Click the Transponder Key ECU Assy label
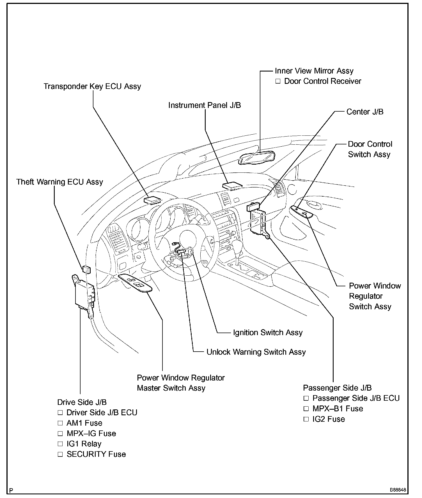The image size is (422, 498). pos(92,86)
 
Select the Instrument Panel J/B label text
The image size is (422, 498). pos(204,105)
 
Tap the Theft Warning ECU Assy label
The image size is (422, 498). pos(59,182)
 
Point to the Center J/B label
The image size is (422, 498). pos(365,112)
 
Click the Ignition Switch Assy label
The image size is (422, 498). pos(268,333)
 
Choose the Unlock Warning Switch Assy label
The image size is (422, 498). pos(256,352)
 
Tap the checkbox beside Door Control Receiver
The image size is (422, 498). pos(278,82)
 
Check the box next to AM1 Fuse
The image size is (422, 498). pos(60,423)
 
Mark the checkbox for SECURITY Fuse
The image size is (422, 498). pos(60,454)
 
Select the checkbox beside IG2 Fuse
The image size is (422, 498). pos(306,419)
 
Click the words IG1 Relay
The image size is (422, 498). pos(84,444)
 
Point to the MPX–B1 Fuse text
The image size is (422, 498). pos(338,409)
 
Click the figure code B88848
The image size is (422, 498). pos(398,490)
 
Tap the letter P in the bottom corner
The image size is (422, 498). pos(11,490)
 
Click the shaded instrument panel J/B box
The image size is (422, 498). pos(232,185)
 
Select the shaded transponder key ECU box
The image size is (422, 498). pos(152,200)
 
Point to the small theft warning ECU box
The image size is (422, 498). pos(86,269)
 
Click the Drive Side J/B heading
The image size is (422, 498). pos(82,402)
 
